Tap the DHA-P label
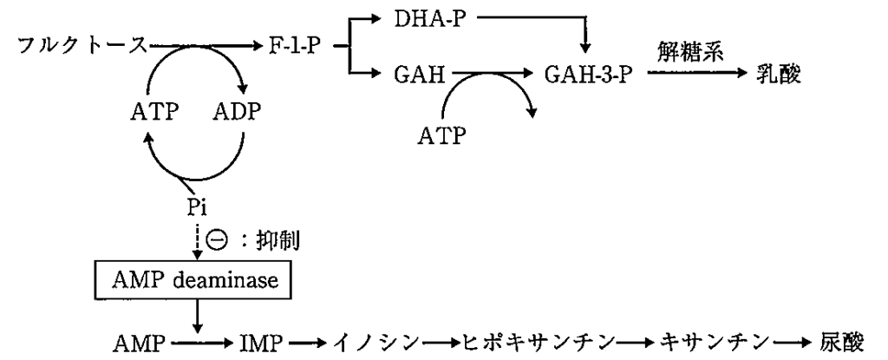click(428, 16)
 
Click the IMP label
click(258, 341)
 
